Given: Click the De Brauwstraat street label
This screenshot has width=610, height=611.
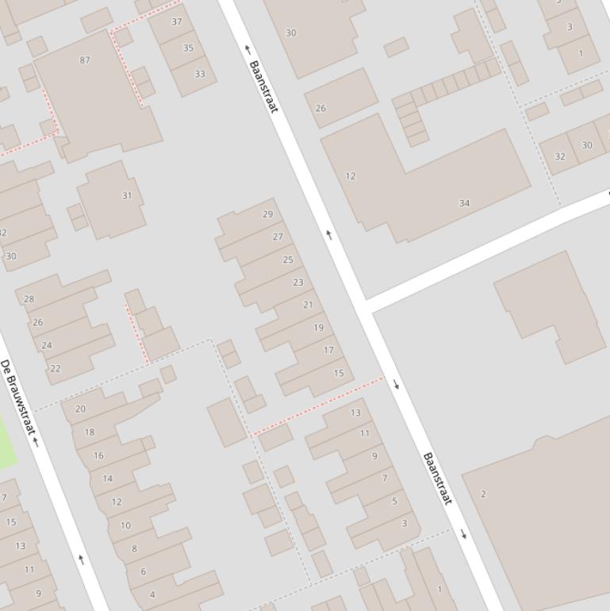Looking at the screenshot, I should click(18, 397).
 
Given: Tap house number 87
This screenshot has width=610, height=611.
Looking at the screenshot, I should click(85, 60).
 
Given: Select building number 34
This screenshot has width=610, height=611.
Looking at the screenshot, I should click(464, 203).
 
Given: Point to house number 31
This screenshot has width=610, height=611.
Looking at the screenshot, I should click(127, 195).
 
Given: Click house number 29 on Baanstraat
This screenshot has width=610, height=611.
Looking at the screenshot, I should click(267, 214).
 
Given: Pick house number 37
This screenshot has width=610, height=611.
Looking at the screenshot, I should click(177, 22).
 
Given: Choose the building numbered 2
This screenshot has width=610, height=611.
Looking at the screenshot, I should click(483, 494).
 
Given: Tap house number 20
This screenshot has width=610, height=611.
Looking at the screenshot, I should click(80, 409).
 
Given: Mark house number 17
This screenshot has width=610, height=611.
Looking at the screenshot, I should click(328, 350).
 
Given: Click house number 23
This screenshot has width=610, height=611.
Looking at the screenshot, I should click(298, 282).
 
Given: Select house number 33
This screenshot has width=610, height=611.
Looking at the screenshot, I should click(200, 75).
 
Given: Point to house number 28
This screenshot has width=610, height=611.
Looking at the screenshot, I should click(29, 299).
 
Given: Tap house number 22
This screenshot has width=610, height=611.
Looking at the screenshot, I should click(56, 368).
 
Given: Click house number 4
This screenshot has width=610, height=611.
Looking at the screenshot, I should click(152, 594).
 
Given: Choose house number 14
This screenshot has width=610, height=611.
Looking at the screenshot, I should click(108, 478).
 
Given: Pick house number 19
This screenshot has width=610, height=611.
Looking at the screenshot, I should click(318, 328).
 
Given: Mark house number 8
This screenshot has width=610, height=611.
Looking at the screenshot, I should click(134, 548).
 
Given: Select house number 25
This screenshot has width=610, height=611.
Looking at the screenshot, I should click(288, 259).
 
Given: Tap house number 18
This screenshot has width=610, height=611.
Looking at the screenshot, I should click(90, 432).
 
